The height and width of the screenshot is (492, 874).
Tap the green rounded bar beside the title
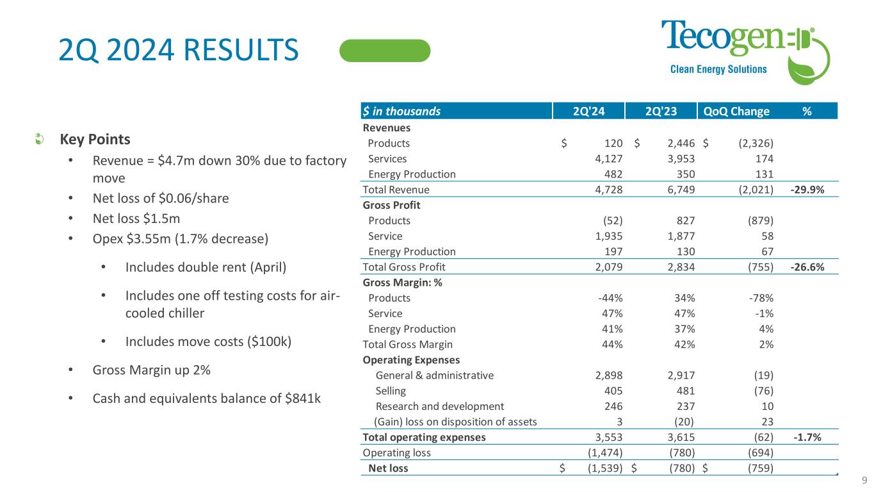tap(385, 51)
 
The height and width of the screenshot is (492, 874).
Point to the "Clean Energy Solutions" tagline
tap(718, 69)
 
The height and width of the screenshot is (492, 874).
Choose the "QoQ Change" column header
tap(736, 111)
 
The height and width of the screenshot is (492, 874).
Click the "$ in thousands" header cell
tap(401, 111)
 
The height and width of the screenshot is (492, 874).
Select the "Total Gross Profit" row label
tap(404, 267)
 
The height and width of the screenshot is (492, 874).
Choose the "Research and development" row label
tap(440, 406)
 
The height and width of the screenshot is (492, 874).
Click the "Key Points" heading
tap(95, 140)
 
